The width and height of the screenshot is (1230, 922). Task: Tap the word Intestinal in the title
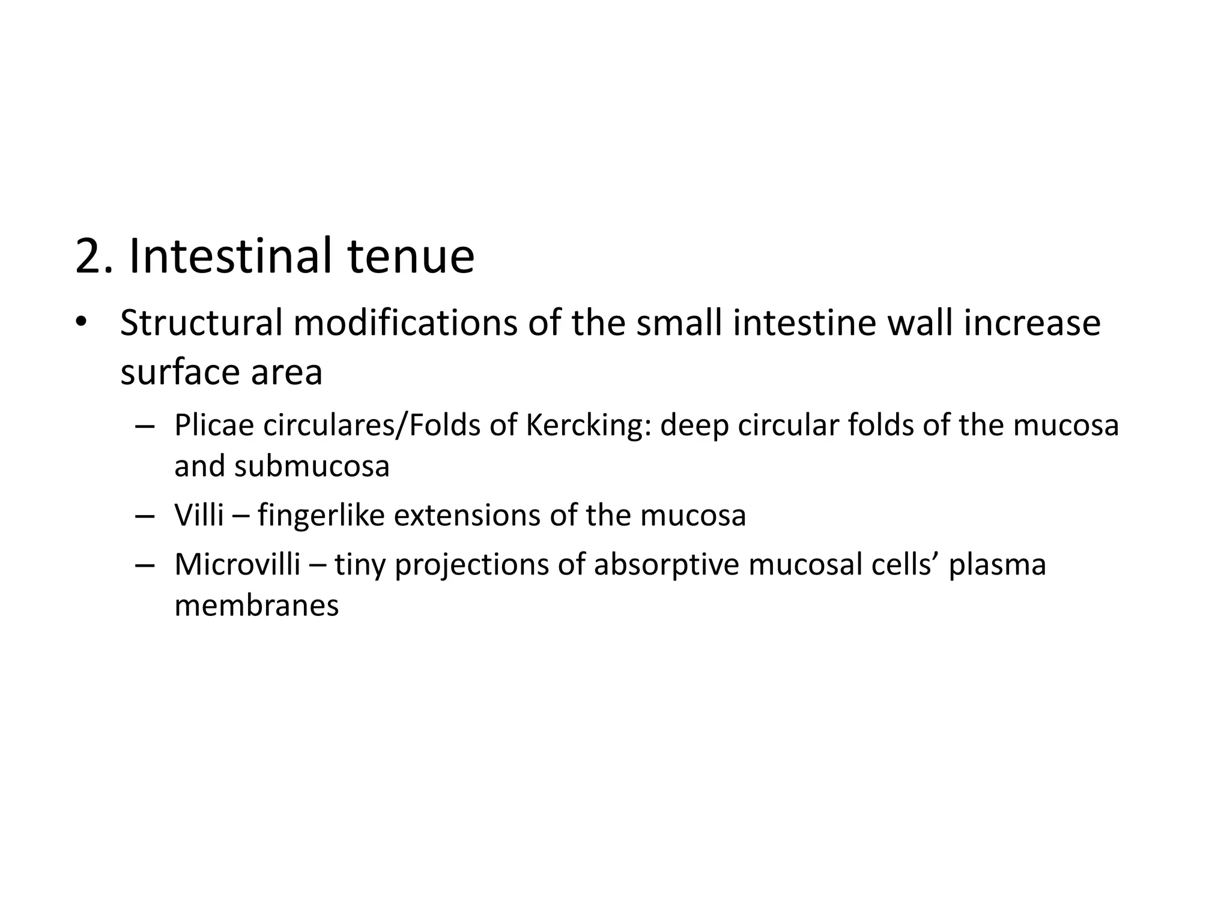230,257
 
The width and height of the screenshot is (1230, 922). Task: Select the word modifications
405,323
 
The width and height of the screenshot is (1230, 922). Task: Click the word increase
1032,323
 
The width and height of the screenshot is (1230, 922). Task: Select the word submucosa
312,466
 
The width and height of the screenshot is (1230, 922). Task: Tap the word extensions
467,516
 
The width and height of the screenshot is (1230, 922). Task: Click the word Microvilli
237,565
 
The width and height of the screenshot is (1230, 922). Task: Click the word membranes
256,606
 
